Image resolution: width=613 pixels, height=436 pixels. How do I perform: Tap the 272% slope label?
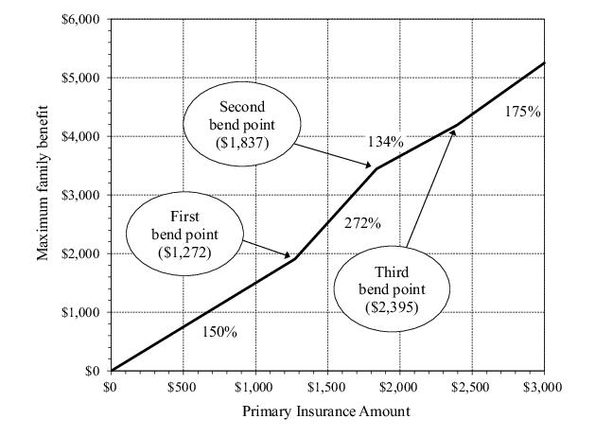(x=362, y=224)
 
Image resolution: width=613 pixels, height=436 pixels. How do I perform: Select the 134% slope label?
(x=386, y=142)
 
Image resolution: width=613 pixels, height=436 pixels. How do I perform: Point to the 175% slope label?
(x=522, y=112)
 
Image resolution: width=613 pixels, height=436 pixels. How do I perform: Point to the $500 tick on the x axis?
(x=183, y=388)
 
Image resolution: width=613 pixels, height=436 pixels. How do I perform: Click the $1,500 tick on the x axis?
(x=327, y=388)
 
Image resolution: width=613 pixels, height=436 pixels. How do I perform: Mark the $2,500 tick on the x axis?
(x=472, y=388)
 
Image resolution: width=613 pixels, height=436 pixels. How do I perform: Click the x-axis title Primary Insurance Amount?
(x=326, y=412)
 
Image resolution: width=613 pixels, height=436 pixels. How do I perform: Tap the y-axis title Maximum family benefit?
(x=43, y=195)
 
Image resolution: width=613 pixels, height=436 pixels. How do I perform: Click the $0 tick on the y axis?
(x=92, y=371)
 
